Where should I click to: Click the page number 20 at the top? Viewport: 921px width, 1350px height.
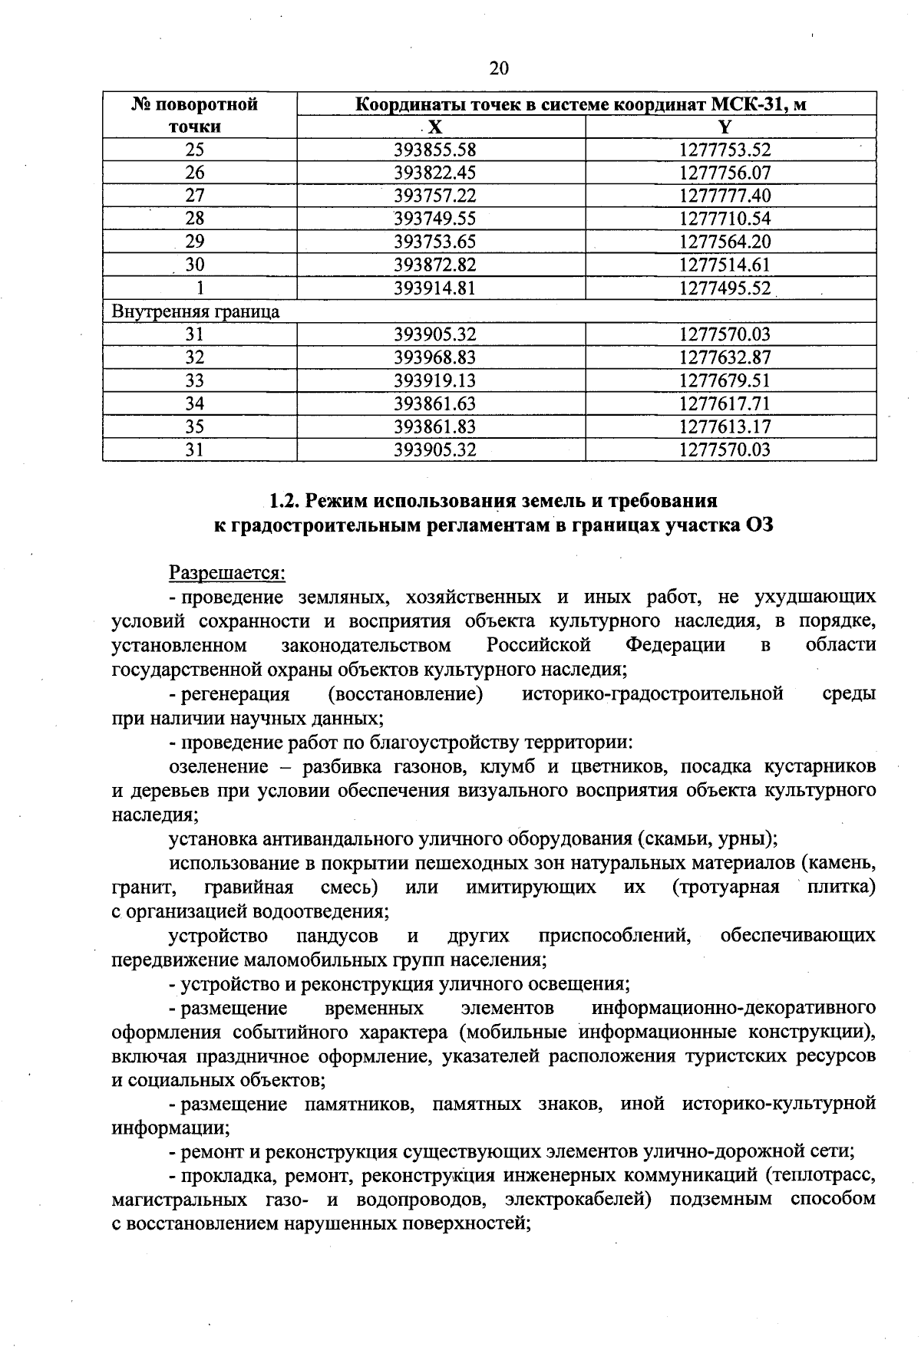(499, 69)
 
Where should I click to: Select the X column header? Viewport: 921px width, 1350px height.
(435, 127)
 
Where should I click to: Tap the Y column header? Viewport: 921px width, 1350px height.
(725, 127)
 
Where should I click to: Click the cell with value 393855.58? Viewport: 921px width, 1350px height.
(435, 150)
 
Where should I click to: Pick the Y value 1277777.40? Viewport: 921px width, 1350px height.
(725, 196)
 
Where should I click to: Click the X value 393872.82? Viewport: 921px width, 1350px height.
(435, 265)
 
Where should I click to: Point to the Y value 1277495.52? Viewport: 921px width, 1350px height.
(725, 288)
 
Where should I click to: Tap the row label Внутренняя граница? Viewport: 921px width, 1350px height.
(196, 311)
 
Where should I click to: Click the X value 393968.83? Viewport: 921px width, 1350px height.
(435, 357)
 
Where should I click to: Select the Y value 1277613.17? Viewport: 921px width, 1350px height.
(725, 426)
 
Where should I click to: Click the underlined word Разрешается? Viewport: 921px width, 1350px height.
(227, 573)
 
